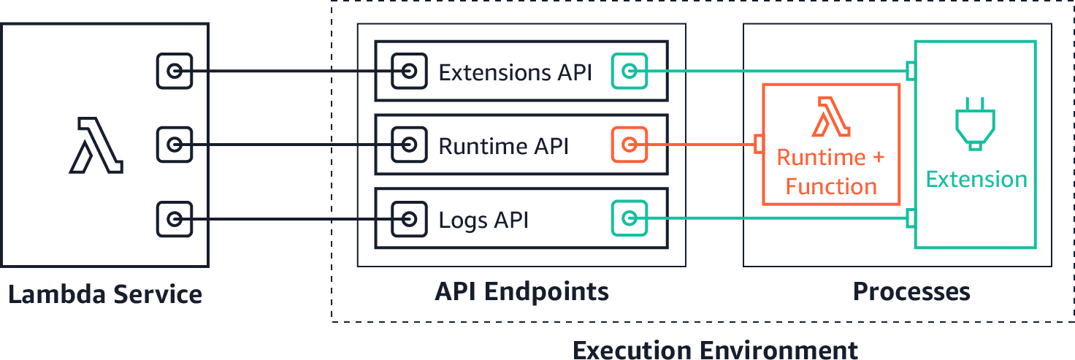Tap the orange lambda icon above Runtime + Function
tap(831, 120)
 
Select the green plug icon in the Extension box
tap(975, 123)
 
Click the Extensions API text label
tap(514, 72)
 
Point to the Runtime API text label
tap(503, 146)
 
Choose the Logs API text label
tap(483, 220)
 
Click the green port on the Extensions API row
tap(630, 72)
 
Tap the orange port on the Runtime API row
tap(630, 145)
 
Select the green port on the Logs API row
tap(630, 218)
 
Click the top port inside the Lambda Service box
tap(175, 72)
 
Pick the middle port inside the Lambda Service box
tap(175, 145)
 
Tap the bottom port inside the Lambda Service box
tap(175, 219)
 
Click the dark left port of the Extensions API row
tap(409, 72)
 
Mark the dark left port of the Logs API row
tap(409, 219)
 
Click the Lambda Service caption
tap(105, 295)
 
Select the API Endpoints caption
tap(521, 292)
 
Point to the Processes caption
tap(911, 292)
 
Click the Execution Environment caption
tap(715, 349)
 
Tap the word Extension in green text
tap(976, 180)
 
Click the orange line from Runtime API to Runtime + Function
tap(701, 145)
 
